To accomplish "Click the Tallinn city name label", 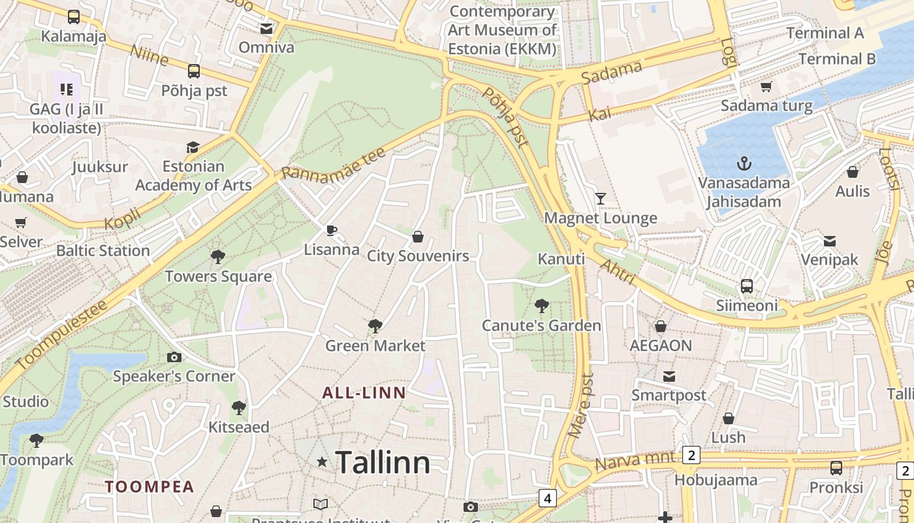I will (383, 463).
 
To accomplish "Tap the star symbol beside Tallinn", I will (322, 462).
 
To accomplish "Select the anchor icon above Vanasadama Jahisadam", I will (744, 163).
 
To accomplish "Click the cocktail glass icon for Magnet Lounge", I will (601, 198).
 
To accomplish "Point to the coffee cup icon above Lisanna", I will (332, 230).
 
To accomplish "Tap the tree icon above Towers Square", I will (218, 257).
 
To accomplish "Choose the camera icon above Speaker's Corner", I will (174, 357).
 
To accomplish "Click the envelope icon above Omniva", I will (266, 29).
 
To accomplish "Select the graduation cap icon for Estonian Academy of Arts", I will (193, 147).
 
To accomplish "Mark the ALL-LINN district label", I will (364, 393).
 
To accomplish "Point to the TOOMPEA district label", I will (150, 486).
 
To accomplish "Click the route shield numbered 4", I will (547, 498).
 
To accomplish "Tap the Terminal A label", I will (825, 33).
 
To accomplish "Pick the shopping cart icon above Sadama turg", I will (766, 86).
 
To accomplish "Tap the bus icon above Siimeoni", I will (747, 286).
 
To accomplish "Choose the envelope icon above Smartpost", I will (669, 376).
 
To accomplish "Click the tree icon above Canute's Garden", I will (541, 305).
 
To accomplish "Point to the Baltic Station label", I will (103, 250).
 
